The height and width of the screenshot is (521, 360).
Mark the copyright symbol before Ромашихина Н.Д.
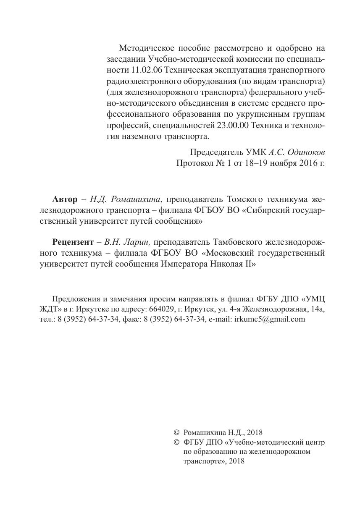176,432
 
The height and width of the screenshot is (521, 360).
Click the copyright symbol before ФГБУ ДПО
176,442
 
